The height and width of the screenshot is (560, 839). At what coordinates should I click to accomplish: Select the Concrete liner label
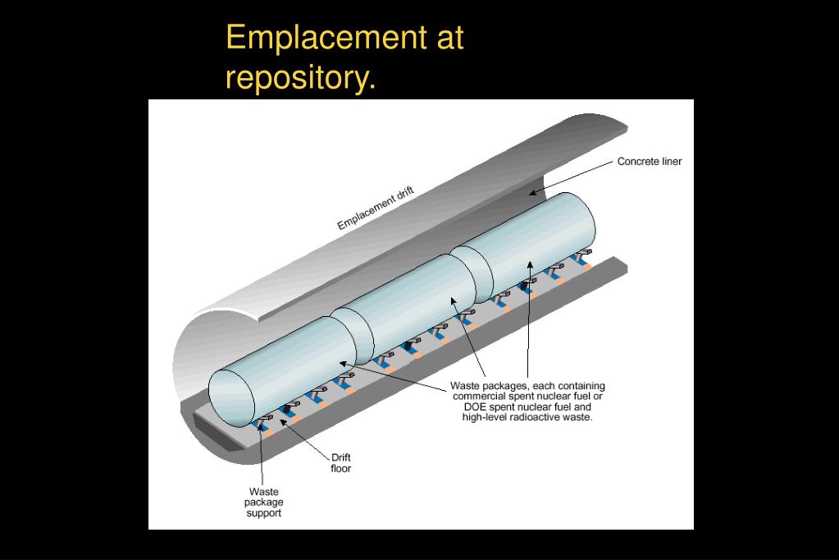(x=649, y=162)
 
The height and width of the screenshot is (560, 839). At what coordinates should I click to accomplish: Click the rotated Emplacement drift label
(x=376, y=209)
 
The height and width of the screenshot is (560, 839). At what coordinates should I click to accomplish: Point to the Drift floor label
(x=341, y=463)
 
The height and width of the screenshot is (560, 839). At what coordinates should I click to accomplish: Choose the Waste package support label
(x=264, y=503)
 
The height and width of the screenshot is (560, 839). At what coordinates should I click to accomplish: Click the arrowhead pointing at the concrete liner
(x=531, y=193)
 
